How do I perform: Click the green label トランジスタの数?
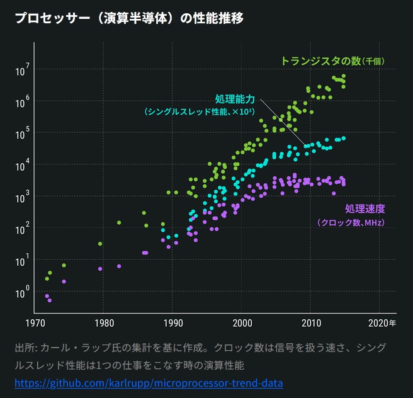point(321,61)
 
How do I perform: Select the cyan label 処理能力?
point(235,99)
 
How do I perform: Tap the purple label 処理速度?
point(365,209)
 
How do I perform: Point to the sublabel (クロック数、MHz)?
point(351,223)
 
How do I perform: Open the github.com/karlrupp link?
point(149,383)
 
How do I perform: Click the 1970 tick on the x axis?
point(34,324)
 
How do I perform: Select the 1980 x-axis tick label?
point(103,324)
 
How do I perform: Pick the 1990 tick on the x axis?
point(173,324)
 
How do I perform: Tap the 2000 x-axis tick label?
point(242,324)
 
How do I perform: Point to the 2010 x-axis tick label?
point(310,324)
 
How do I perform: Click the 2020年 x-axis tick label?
point(382,324)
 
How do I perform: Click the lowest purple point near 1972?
point(50,300)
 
